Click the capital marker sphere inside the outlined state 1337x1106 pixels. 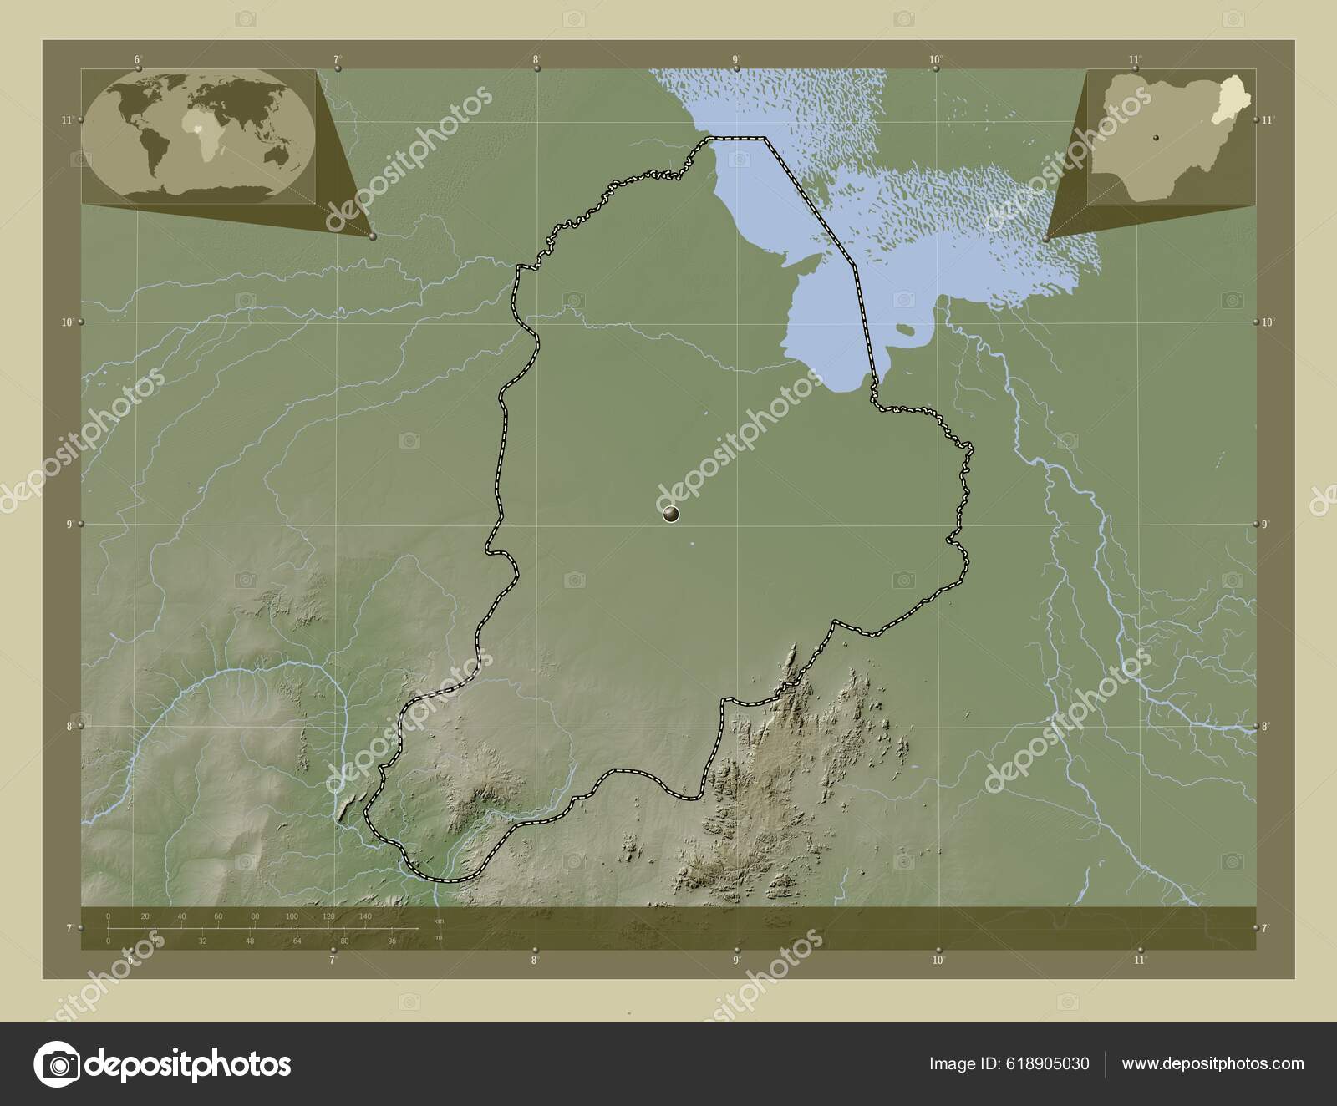point(671,514)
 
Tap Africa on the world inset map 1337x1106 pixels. point(199,138)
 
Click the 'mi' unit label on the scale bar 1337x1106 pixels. point(438,937)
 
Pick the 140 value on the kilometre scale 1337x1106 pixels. point(365,917)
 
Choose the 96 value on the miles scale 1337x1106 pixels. point(391,941)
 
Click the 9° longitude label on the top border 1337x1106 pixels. point(736,59)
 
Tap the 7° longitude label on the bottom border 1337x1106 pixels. point(333,960)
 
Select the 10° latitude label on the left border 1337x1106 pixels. point(68,322)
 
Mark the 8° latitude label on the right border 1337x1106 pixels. point(1267,727)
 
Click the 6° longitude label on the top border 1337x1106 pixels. point(136,59)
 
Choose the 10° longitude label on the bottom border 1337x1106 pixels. point(938,960)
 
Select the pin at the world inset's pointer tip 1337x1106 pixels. point(373,236)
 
